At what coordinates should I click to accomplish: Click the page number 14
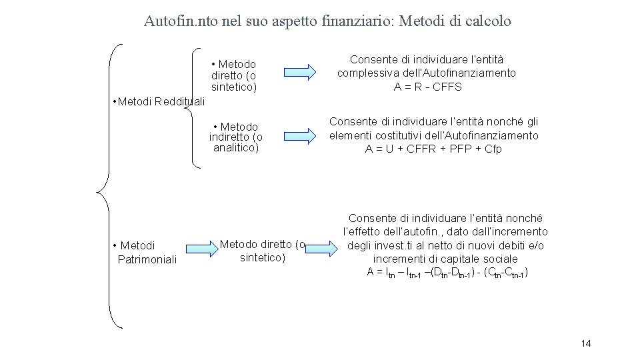click(x=586, y=343)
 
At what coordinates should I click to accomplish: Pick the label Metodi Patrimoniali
click(x=145, y=253)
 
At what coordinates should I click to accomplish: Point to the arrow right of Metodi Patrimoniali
click(x=197, y=245)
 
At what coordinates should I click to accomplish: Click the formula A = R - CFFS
click(x=427, y=87)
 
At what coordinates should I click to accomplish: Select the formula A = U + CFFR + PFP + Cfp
click(x=433, y=149)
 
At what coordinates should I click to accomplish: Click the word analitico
click(x=235, y=148)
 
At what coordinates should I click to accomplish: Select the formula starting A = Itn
click(x=447, y=272)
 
